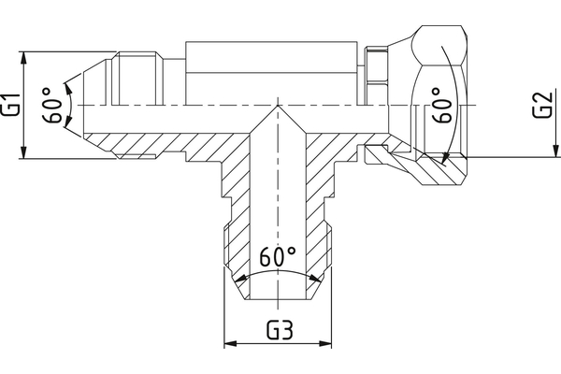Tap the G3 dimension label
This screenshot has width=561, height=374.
278,330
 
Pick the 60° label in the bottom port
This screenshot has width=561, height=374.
278,256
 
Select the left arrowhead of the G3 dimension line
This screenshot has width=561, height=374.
227,345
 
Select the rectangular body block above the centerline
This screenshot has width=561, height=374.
272,71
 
